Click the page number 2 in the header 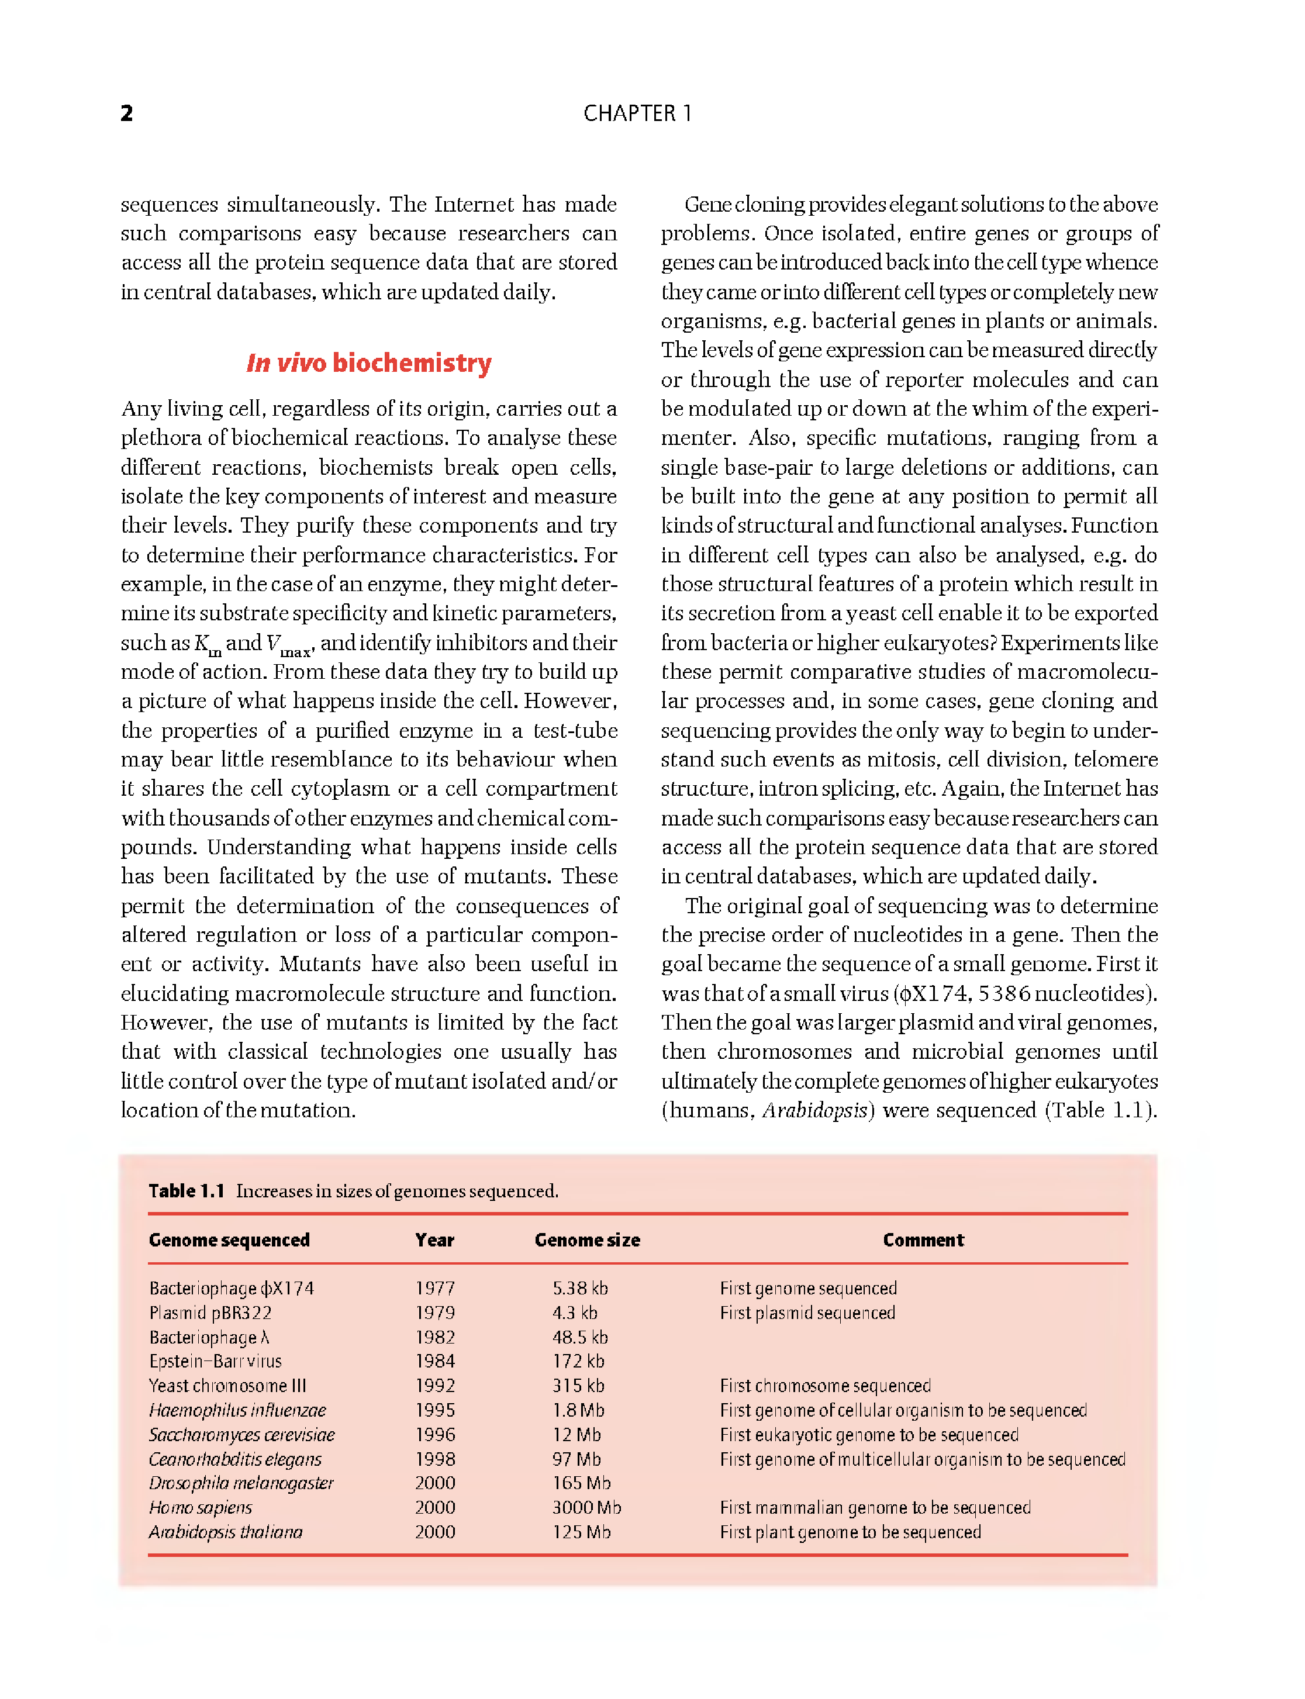click(x=127, y=113)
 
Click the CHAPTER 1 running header click(x=637, y=113)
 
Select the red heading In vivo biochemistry click(x=369, y=363)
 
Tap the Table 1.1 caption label click(x=187, y=1191)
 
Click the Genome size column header click(x=587, y=1240)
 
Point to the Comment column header click(x=923, y=1240)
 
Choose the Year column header click(x=434, y=1240)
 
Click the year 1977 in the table click(x=434, y=1288)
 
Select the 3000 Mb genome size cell click(x=586, y=1507)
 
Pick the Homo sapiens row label click(x=201, y=1507)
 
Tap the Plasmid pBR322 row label click(x=210, y=1313)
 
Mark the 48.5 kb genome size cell click(x=580, y=1337)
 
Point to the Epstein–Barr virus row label click(x=215, y=1361)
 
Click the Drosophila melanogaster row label click(x=241, y=1483)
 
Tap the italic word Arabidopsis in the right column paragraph click(x=814, y=1110)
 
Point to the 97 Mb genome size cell click(x=576, y=1459)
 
